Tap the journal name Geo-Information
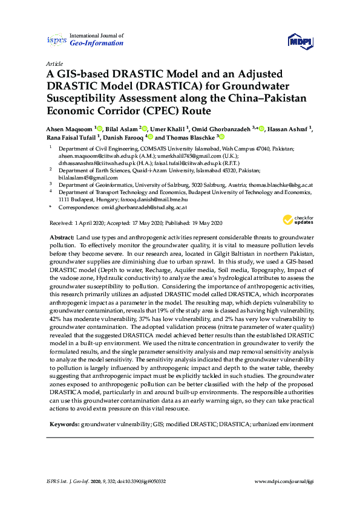[97, 44]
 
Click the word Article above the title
[54, 63]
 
